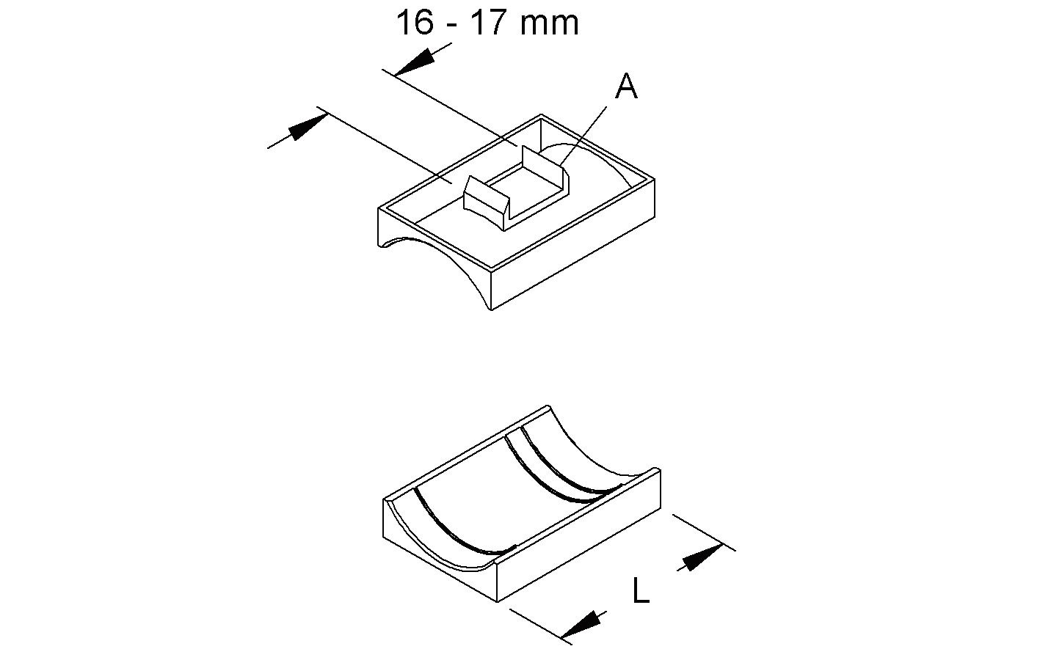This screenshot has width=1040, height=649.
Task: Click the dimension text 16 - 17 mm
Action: pyautogui.click(x=487, y=23)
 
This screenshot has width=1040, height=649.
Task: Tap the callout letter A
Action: pyautogui.click(x=626, y=87)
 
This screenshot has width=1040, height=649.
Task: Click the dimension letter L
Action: pyautogui.click(x=641, y=591)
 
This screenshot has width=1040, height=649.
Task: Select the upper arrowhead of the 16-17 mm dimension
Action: pyautogui.click(x=415, y=62)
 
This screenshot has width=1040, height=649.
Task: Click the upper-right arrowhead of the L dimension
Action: pyautogui.click(x=700, y=557)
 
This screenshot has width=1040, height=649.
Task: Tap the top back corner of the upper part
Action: pyautogui.click(x=542, y=116)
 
